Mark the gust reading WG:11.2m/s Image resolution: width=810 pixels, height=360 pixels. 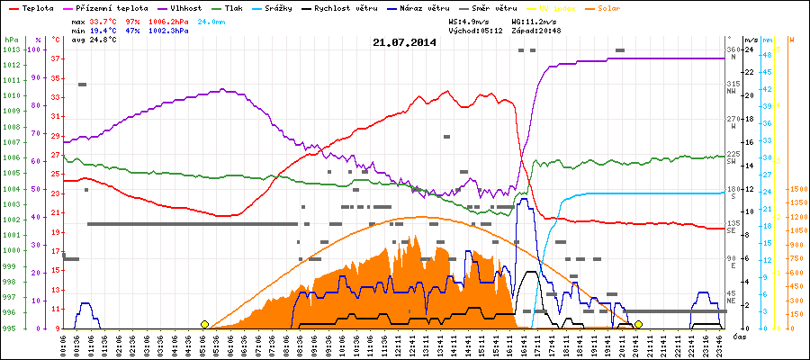click(536, 20)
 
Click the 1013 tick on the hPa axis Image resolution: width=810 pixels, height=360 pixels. click(11, 49)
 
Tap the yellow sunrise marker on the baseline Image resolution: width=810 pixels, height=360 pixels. click(204, 324)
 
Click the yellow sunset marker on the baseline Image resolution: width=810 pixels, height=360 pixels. click(638, 324)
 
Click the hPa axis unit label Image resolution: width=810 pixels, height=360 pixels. click(11, 40)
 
